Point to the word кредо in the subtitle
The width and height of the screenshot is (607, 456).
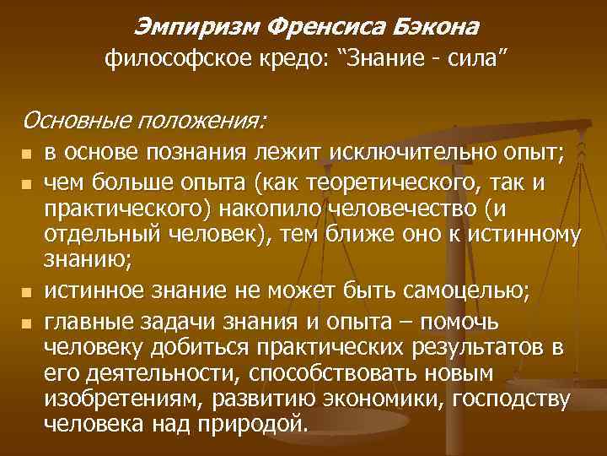pyautogui.click(x=277, y=60)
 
